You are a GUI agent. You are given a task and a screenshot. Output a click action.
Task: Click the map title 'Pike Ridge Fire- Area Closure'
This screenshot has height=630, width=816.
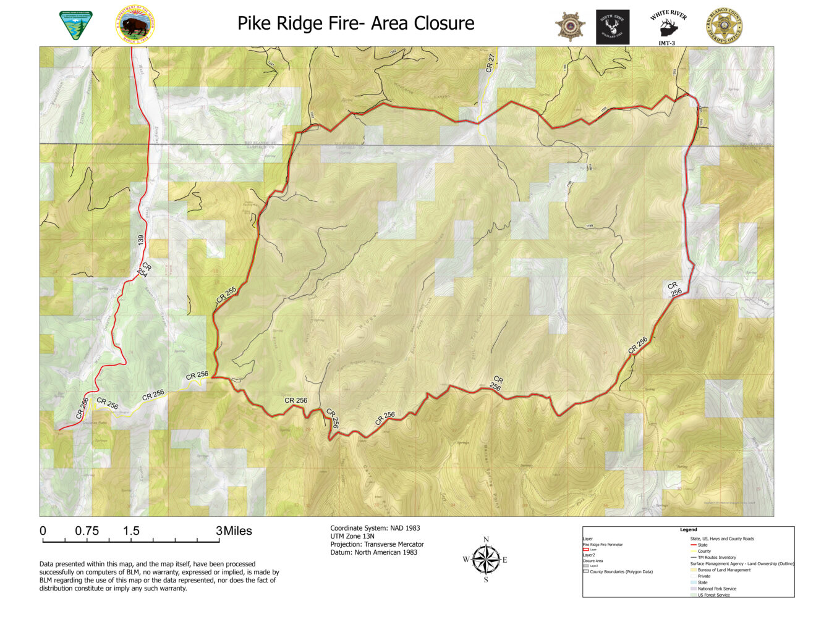click(x=355, y=23)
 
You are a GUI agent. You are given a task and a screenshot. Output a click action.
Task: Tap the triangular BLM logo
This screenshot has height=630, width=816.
click(x=75, y=25)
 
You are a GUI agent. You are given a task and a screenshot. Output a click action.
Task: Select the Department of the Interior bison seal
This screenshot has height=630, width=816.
click(x=135, y=26)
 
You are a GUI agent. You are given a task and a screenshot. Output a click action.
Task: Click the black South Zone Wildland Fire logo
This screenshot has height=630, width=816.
click(x=612, y=27)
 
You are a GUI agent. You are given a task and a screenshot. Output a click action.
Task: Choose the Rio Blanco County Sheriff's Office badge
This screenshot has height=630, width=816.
click(x=725, y=27)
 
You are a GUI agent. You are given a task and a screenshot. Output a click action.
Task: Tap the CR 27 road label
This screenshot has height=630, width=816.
click(x=490, y=64)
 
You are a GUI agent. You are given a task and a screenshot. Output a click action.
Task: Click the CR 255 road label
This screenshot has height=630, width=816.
click(x=226, y=294)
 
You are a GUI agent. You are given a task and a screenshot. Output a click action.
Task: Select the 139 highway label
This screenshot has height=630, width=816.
click(x=141, y=241)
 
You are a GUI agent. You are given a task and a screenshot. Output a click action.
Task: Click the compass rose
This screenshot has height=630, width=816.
click(x=486, y=560)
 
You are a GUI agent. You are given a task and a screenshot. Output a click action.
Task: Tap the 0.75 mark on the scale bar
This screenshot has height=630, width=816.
click(x=87, y=531)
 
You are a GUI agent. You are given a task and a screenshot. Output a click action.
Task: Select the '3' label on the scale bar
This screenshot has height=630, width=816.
click(x=219, y=531)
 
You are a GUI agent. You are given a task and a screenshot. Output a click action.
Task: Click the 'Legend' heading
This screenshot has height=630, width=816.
click(x=688, y=529)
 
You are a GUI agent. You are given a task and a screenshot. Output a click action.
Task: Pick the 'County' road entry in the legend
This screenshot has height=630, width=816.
click(x=704, y=551)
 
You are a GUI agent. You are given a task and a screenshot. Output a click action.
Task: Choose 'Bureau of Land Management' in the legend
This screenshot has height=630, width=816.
click(x=724, y=570)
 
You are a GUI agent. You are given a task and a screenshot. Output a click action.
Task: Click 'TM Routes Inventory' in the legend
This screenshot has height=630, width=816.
click(x=716, y=557)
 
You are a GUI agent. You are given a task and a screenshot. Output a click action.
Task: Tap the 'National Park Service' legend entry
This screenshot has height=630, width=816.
click(x=717, y=589)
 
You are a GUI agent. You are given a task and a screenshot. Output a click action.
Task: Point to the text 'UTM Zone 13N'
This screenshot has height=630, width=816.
click(x=352, y=536)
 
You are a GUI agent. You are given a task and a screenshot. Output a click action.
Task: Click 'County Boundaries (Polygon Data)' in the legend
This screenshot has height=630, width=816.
click(x=621, y=571)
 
